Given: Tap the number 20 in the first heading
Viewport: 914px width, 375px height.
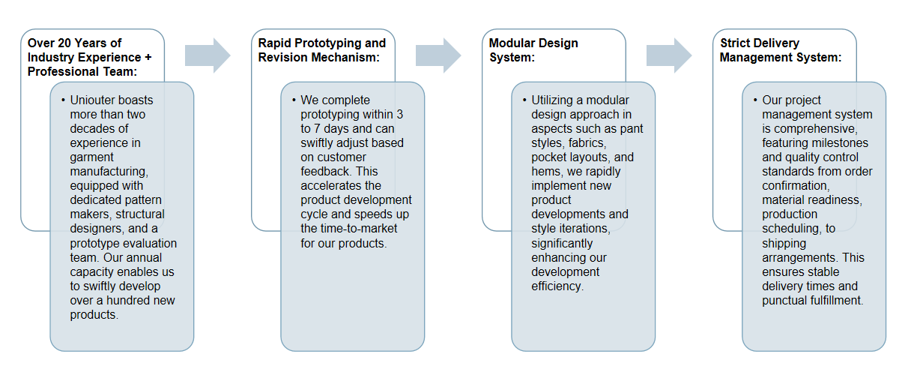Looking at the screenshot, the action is [x=64, y=43].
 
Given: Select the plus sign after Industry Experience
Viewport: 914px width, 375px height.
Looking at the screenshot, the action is [x=148, y=57].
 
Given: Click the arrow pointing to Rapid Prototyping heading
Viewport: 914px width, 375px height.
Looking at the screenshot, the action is [x=208, y=55].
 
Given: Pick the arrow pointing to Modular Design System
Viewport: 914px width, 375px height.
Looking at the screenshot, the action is [x=438, y=55].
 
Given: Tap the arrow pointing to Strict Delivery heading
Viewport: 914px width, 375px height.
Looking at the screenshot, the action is [x=669, y=55].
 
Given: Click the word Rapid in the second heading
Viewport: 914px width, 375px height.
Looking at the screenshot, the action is [x=275, y=43].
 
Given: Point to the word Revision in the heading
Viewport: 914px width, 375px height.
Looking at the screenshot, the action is [x=282, y=57].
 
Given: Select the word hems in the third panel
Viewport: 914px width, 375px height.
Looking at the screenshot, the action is [x=545, y=172].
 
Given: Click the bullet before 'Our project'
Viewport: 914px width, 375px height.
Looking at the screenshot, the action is [x=755, y=100].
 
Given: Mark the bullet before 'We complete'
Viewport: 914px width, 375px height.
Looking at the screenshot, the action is [x=294, y=100].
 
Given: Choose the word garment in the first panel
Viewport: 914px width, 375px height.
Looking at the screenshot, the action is [x=91, y=157].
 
